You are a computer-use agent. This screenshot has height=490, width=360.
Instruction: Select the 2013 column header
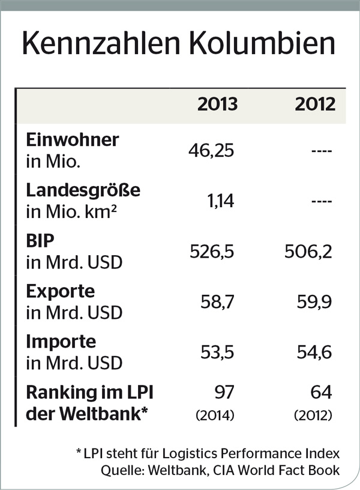217,104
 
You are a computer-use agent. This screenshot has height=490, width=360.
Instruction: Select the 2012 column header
315,104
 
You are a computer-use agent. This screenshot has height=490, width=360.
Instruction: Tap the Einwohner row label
73,139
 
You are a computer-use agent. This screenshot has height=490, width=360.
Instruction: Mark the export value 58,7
217,302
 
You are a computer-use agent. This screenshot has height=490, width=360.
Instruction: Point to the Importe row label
61,342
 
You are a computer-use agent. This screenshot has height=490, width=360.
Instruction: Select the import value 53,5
217,352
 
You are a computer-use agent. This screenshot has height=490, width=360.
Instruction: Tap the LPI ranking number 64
322,393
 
